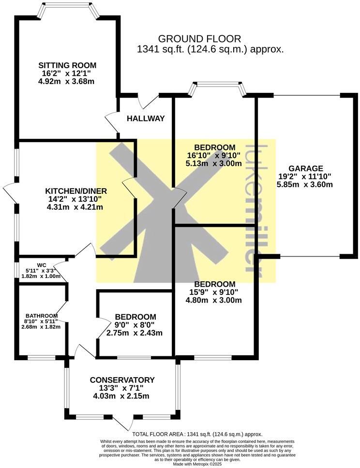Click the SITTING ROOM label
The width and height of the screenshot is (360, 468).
(x=68, y=65)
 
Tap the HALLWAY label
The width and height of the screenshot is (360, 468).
(x=146, y=118)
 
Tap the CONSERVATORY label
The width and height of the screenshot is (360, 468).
(x=122, y=380)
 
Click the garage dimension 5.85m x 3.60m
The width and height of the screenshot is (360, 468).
(x=305, y=184)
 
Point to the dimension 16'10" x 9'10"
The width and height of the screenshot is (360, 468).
(x=214, y=155)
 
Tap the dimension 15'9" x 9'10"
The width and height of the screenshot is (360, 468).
(x=214, y=292)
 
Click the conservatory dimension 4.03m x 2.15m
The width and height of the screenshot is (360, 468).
(x=122, y=396)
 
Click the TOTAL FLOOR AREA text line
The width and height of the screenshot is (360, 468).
(x=197, y=435)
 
